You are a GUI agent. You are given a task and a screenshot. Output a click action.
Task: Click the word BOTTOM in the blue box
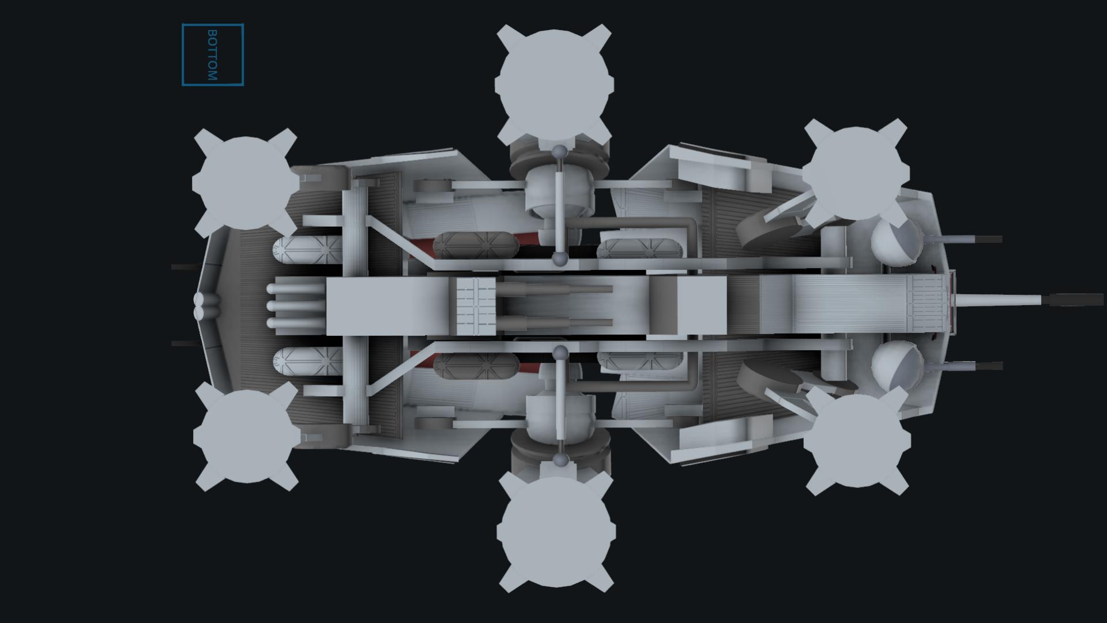212,55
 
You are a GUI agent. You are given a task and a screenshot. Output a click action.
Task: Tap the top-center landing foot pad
554,84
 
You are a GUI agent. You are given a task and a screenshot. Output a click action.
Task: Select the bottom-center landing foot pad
556,531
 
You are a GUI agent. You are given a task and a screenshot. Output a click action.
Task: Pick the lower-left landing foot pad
246,436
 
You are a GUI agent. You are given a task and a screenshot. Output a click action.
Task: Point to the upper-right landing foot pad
856,174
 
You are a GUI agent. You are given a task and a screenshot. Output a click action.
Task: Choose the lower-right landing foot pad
856,441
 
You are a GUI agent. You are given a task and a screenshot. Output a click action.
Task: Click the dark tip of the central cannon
1076,300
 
